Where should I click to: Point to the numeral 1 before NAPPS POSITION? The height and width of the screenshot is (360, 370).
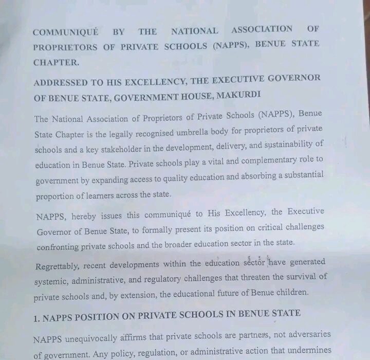[36, 318]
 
